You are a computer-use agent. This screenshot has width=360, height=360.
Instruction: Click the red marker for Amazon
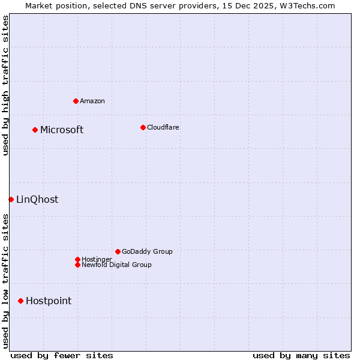(76, 101)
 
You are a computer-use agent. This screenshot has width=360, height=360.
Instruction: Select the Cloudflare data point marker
(143, 127)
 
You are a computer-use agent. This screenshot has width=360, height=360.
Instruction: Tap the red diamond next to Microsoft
(35, 130)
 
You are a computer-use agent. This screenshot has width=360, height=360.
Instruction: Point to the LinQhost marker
(11, 199)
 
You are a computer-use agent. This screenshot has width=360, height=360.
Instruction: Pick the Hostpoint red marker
(20, 301)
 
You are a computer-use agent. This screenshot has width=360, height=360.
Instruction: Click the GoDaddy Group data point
(118, 251)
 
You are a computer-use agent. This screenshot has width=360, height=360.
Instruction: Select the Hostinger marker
(77, 259)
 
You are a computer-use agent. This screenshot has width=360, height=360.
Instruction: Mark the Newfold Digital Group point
(77, 265)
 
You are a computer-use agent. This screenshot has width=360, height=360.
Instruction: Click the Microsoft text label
(62, 130)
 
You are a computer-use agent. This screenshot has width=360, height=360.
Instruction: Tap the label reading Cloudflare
(163, 127)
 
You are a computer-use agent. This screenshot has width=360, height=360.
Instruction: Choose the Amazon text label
(92, 101)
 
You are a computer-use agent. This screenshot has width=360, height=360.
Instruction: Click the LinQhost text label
(37, 200)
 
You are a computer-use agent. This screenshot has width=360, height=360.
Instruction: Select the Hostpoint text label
(49, 301)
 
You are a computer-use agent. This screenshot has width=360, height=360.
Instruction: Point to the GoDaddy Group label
(147, 251)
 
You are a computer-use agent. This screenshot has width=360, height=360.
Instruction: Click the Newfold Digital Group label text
(116, 265)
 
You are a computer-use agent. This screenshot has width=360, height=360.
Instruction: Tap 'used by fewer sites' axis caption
(62, 355)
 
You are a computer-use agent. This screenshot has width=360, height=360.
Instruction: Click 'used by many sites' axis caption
(301, 355)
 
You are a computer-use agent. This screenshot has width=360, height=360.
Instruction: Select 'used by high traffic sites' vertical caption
(5, 85)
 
